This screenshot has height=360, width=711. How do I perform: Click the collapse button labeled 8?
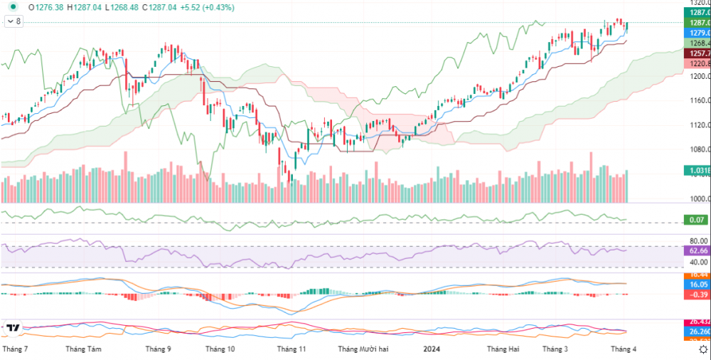click(x=14, y=22)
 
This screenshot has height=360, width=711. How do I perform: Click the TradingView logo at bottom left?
click(x=12, y=329)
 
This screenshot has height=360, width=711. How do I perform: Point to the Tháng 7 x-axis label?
click(x=16, y=349)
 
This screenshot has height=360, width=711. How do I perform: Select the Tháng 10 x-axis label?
click(x=220, y=349)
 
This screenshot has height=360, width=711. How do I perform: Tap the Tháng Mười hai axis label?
click(x=363, y=349)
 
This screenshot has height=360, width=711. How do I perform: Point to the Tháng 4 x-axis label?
click(x=624, y=349)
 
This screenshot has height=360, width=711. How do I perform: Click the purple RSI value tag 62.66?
click(x=697, y=250)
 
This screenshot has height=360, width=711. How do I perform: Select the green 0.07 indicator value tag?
click(x=697, y=221)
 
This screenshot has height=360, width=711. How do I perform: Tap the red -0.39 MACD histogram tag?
click(x=697, y=295)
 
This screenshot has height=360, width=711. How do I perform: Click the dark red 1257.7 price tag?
click(x=697, y=53)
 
